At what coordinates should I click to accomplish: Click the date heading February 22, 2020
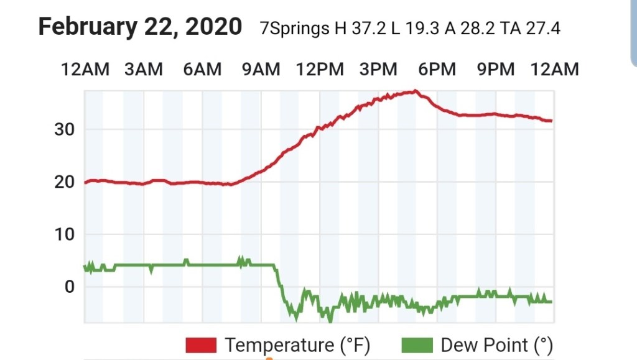(x=140, y=27)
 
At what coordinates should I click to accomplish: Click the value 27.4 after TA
(x=539, y=29)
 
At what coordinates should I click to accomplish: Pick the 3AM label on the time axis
(x=143, y=69)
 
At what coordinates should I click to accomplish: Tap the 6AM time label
(x=202, y=69)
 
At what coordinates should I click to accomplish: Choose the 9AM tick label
(x=261, y=69)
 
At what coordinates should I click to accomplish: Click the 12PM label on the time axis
(x=319, y=69)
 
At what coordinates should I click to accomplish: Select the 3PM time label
(x=378, y=69)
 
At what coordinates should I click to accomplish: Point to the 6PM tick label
(x=437, y=69)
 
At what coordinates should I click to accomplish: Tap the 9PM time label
(x=496, y=69)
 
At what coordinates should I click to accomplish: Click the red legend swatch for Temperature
(x=200, y=344)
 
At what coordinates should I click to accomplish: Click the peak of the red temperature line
(x=415, y=91)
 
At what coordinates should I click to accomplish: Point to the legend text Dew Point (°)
(x=496, y=344)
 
